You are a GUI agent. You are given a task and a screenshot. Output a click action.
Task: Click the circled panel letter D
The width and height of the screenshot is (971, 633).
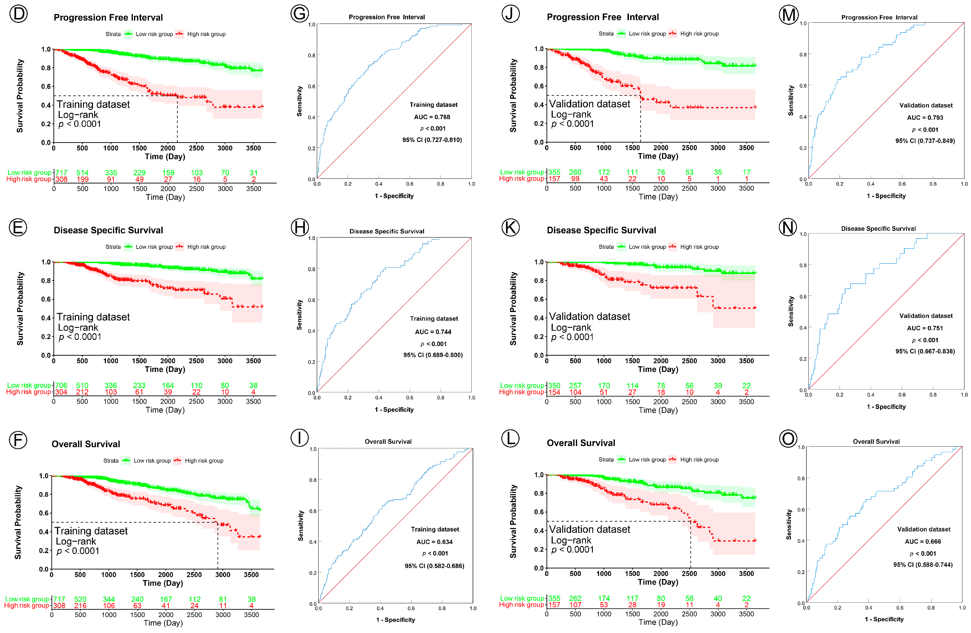tap(18, 14)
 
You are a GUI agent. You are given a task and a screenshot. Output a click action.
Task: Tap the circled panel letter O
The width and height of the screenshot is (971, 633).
tap(788, 439)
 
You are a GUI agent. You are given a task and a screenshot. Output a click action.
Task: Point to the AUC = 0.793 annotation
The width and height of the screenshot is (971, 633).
tap(925, 118)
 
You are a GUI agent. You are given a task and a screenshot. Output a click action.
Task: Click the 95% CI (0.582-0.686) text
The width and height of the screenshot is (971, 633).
tap(435, 566)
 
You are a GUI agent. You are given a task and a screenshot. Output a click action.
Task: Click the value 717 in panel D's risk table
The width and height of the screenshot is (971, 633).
tap(61, 173)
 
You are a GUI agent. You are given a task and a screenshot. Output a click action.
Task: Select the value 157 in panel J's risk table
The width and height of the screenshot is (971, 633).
tap(554, 179)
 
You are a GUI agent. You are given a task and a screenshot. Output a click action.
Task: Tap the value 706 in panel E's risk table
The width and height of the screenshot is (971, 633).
tap(61, 385)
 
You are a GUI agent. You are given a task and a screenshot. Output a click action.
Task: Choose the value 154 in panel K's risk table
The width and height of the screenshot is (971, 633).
tap(554, 392)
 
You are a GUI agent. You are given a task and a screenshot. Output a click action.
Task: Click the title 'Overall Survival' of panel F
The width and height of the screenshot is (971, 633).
tap(86, 444)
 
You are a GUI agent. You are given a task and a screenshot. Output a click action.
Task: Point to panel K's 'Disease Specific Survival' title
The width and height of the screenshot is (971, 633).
tap(601, 230)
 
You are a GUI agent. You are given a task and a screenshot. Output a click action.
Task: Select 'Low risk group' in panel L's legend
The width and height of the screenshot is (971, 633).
tap(647, 460)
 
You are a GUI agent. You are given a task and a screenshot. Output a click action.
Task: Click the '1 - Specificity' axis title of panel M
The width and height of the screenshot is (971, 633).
tap(886, 196)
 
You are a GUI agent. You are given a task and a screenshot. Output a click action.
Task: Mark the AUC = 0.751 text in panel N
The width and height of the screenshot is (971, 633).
tap(925, 328)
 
